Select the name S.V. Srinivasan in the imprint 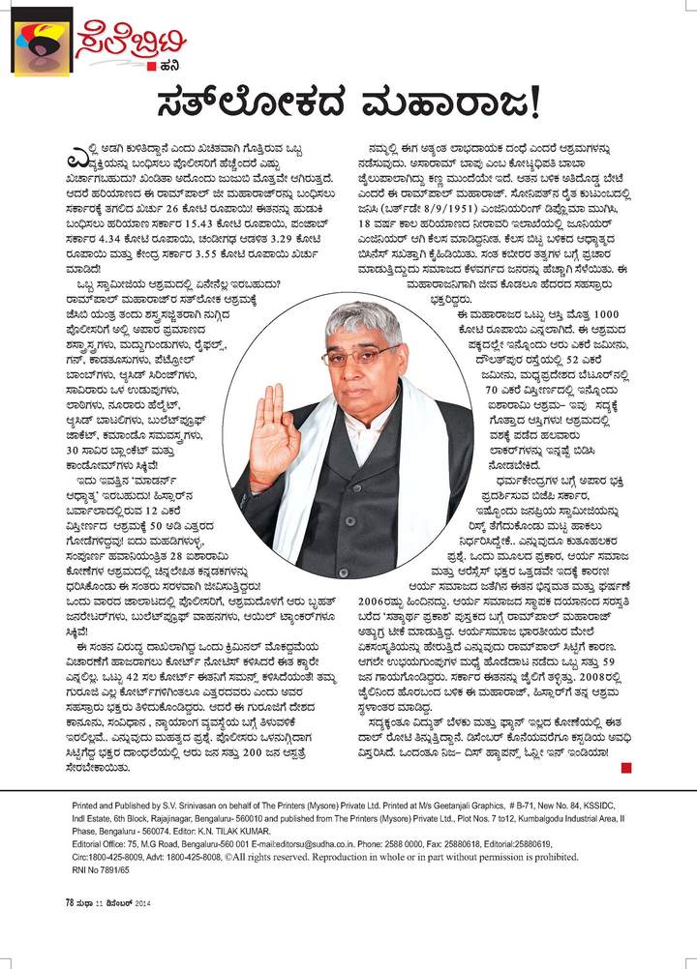pos(209,804)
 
